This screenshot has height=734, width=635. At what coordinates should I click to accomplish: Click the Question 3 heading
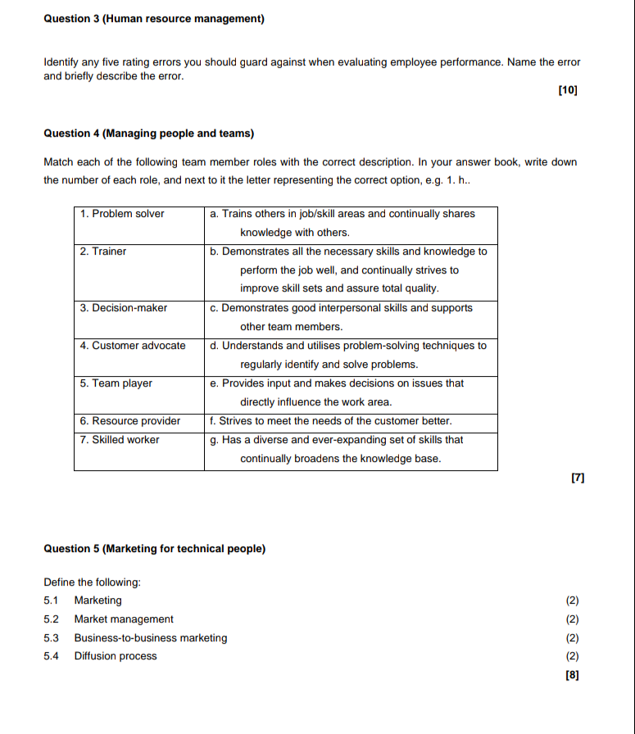click(153, 18)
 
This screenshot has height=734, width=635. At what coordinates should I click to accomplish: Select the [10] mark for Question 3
click(567, 91)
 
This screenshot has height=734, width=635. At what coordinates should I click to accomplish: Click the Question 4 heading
click(148, 133)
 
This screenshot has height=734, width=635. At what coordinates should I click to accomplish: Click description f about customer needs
click(331, 421)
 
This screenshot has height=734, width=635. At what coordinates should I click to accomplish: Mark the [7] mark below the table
click(577, 477)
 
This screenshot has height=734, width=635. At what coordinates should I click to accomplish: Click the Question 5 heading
click(154, 549)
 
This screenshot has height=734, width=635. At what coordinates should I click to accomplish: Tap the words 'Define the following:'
click(92, 582)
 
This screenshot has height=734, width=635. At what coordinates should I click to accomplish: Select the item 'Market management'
click(124, 619)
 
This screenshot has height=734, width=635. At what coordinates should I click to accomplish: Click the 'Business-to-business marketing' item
click(151, 638)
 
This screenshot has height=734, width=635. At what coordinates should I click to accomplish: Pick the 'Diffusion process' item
click(116, 656)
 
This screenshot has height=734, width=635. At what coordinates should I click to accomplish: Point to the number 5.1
click(51, 600)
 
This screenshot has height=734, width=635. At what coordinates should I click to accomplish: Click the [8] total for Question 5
click(572, 675)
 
